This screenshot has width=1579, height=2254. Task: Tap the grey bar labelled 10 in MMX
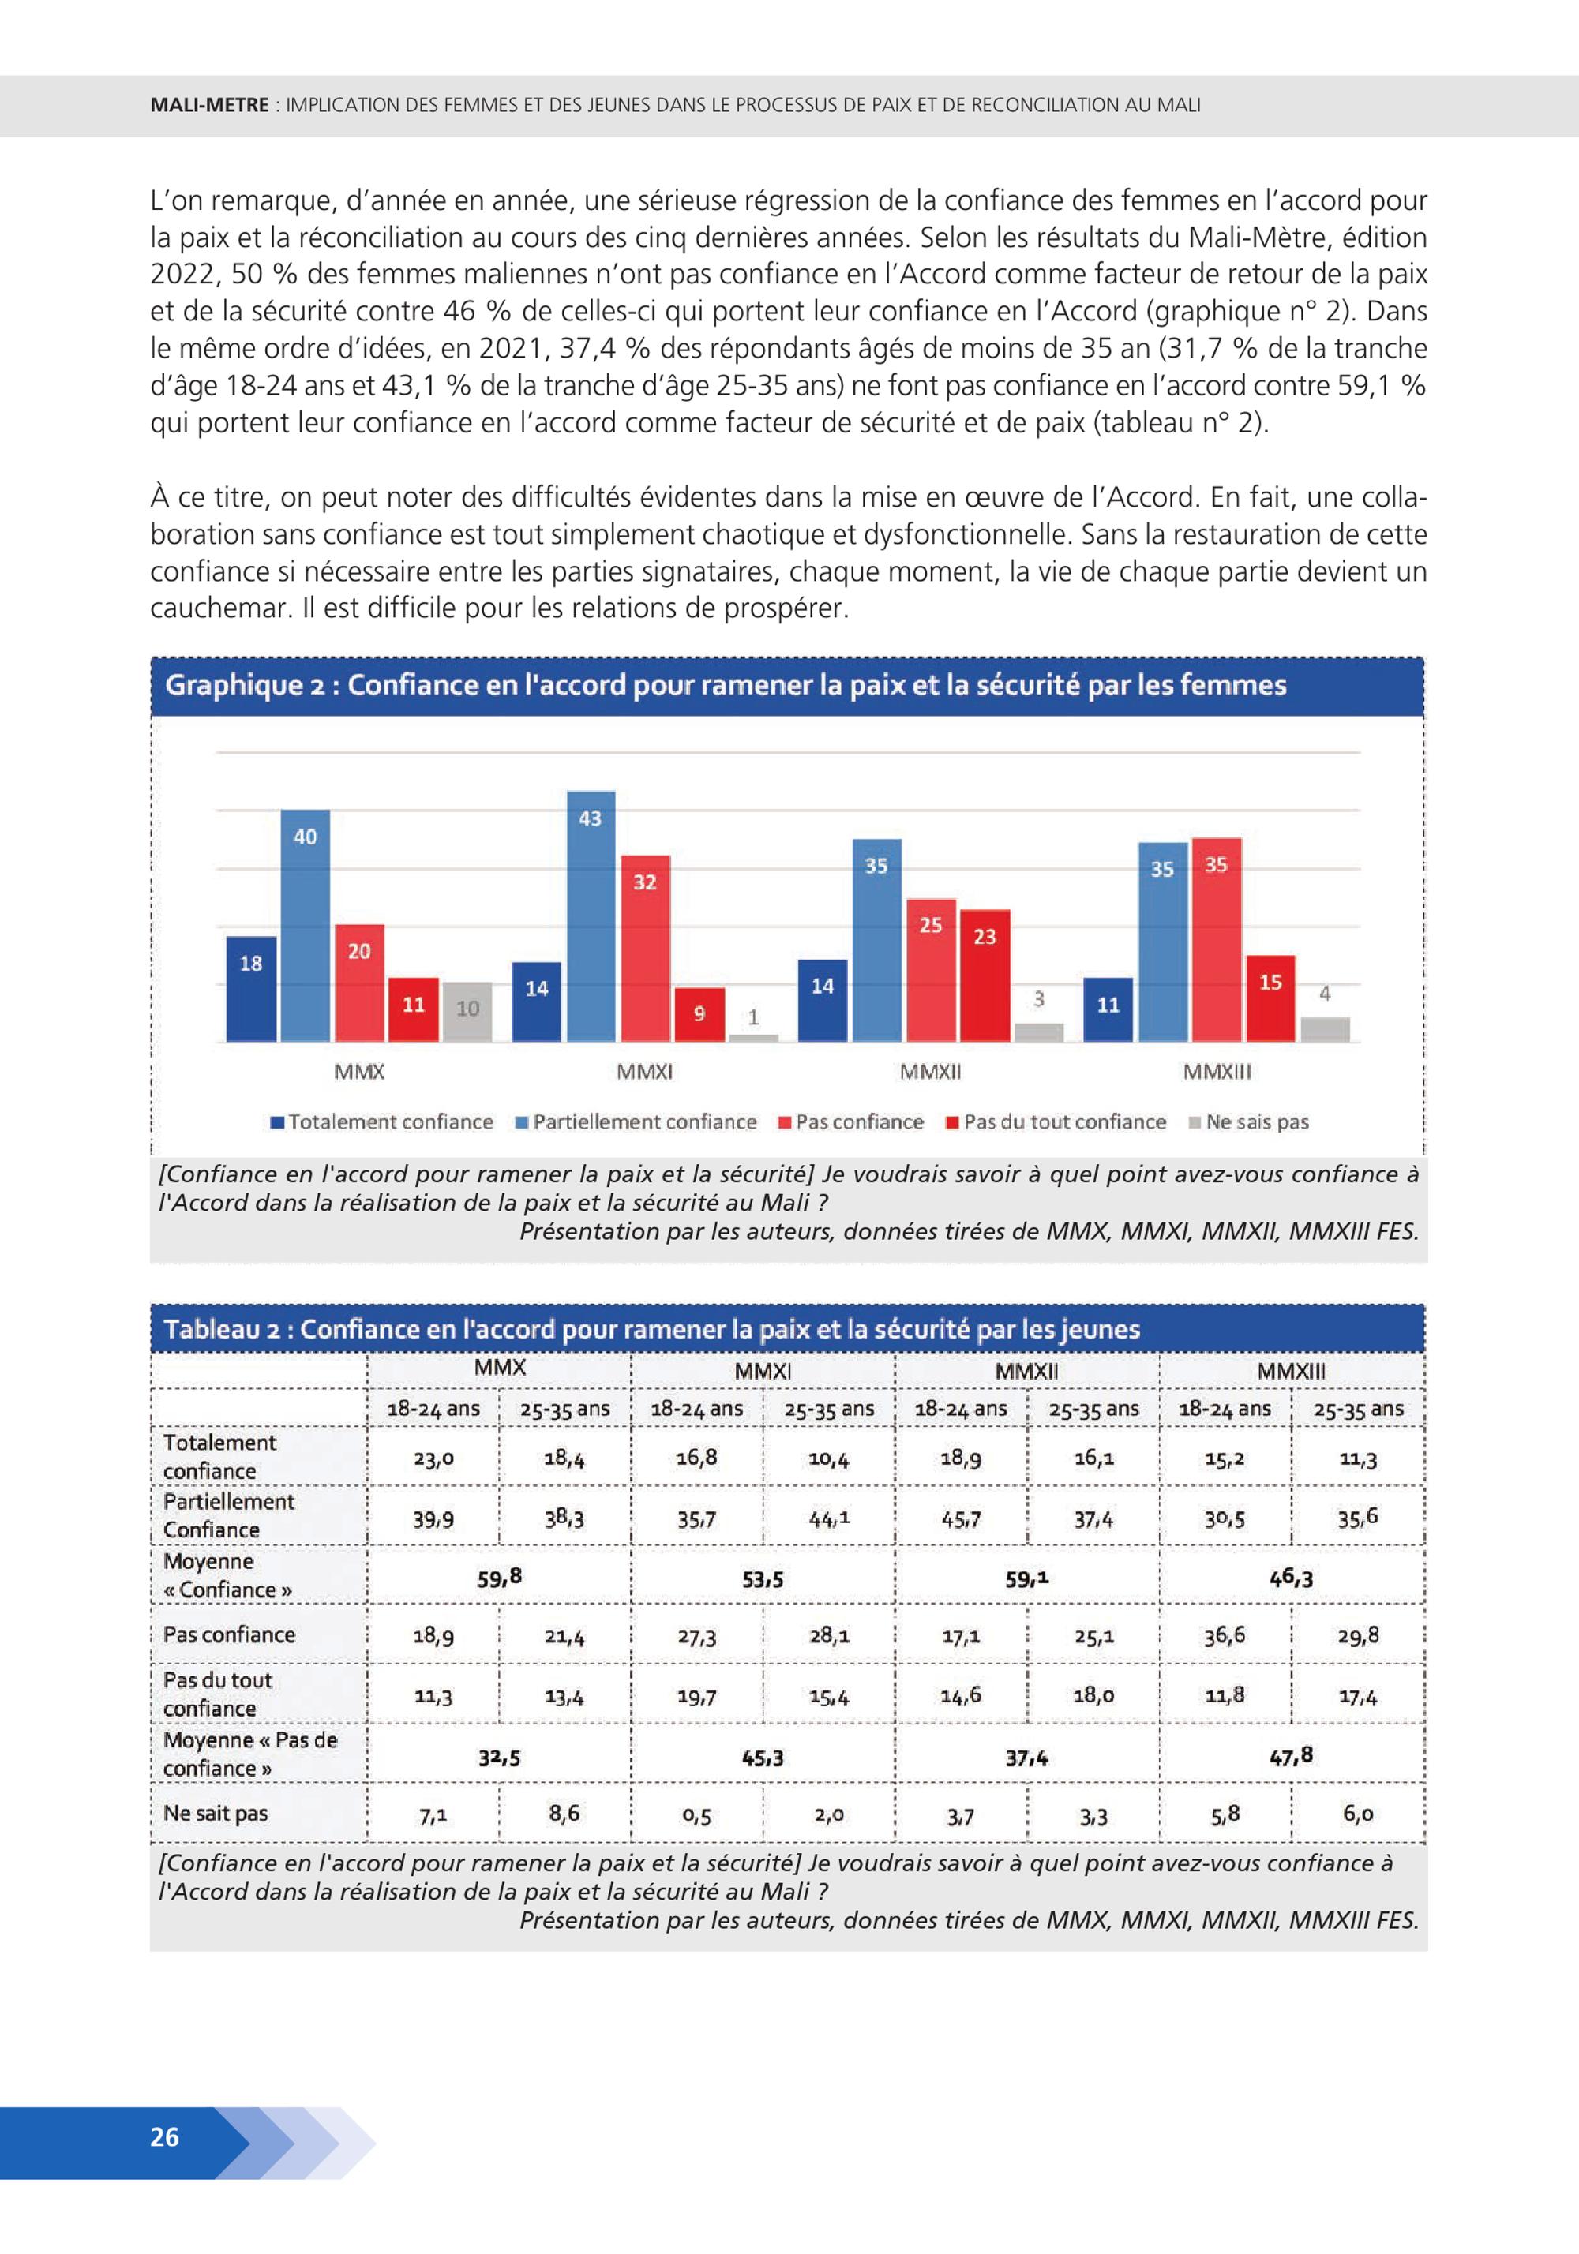point(467,1011)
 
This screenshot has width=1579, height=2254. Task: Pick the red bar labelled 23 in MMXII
point(985,975)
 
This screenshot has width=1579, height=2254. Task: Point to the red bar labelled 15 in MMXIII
point(1270,998)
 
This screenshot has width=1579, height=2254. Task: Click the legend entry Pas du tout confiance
point(1056,1122)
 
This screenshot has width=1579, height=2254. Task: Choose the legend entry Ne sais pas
point(1248,1122)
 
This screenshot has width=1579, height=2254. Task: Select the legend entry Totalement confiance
point(382,1122)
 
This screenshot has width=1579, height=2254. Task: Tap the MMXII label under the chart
point(930,1072)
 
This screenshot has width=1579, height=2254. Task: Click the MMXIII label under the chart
point(1217,1072)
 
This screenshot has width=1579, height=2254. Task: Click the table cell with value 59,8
point(499,1578)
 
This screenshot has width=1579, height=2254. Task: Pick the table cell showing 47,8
point(1292,1755)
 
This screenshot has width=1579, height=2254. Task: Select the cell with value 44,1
point(829,1518)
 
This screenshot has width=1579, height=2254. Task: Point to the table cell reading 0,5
point(696,1816)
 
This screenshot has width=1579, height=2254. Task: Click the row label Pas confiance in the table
point(229,1634)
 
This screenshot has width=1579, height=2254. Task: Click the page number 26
point(165,2137)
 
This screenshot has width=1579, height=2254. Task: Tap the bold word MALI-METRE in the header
point(209,105)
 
